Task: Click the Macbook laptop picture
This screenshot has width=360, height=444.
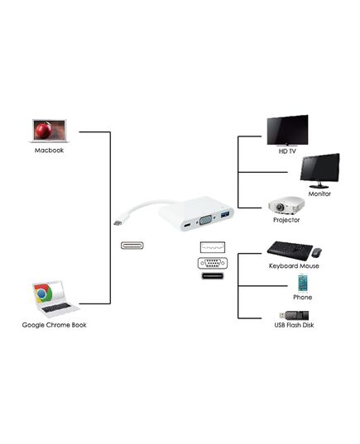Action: [50, 131]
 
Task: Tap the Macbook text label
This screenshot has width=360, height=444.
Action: [49, 150]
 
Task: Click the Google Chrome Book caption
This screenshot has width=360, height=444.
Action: [54, 325]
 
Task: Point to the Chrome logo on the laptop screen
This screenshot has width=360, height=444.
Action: [43, 294]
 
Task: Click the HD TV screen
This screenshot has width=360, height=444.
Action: [287, 131]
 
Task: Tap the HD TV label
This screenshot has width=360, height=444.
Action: [287, 151]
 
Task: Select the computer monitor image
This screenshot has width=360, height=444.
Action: [320, 171]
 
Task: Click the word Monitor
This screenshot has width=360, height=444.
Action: [319, 194]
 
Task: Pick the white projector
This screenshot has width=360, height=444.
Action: [286, 205]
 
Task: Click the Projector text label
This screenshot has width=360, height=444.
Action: [286, 220]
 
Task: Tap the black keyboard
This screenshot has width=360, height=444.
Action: [290, 251]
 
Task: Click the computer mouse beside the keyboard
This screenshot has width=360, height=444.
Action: [316, 252]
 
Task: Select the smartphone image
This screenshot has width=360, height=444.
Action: [303, 283]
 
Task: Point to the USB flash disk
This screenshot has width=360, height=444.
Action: [294, 315]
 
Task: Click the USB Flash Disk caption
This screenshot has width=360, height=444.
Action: [294, 325]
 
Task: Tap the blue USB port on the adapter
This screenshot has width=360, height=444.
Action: [225, 215]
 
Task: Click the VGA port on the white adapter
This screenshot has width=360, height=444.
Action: [206, 220]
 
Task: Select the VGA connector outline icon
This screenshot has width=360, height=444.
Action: [213, 264]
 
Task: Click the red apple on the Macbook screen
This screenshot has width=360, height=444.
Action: [43, 131]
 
